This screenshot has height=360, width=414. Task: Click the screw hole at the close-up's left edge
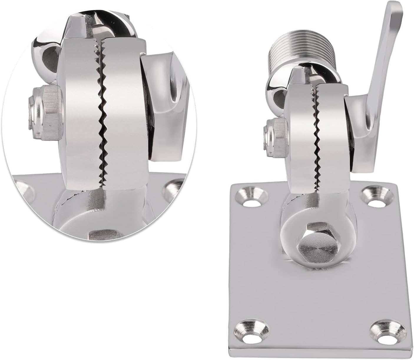(x=22, y=188)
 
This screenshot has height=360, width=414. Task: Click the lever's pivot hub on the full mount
(x=358, y=121)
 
